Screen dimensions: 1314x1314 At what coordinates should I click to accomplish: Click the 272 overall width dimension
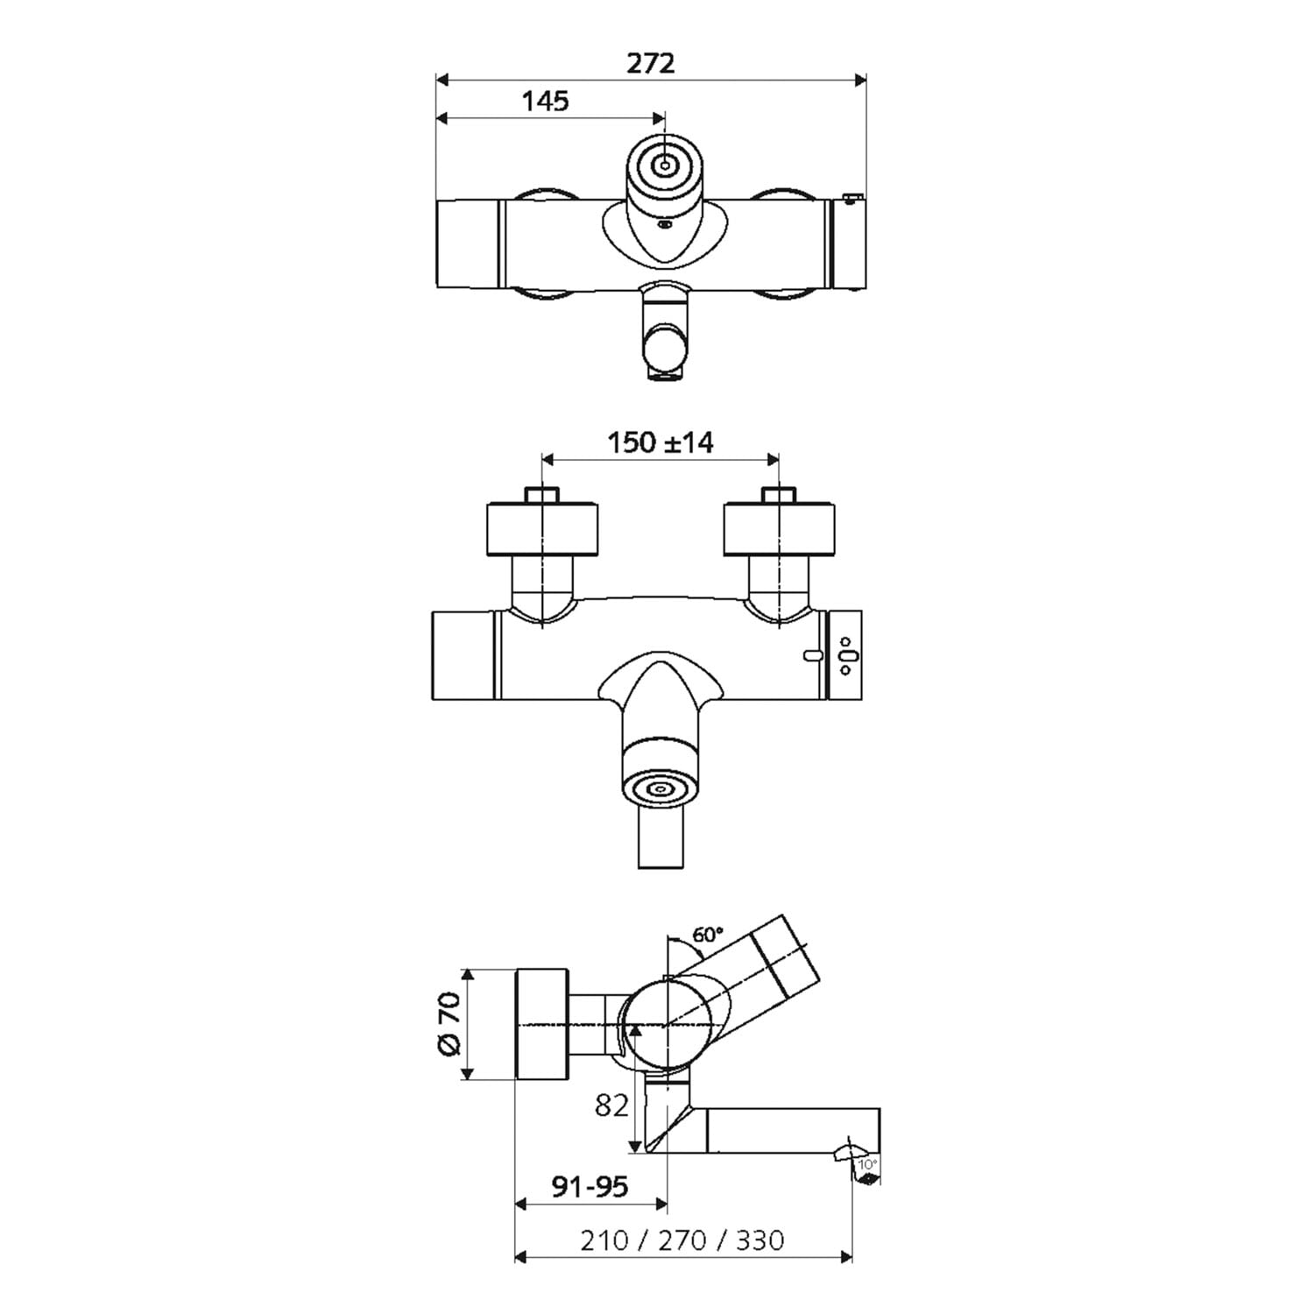[652, 63]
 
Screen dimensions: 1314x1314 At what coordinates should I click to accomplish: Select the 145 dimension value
[546, 101]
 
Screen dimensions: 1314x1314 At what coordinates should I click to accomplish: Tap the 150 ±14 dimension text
[661, 442]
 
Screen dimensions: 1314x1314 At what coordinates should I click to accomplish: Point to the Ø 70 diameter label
[448, 1024]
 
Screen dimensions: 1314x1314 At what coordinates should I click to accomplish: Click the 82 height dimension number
[612, 1106]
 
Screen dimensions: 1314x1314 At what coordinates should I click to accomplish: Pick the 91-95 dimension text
[590, 1187]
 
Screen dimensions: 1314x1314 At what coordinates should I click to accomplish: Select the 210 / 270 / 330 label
[682, 1240]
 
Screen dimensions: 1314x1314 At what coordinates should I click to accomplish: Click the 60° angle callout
[708, 935]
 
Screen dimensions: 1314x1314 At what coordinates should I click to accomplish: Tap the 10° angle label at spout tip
[867, 1164]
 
